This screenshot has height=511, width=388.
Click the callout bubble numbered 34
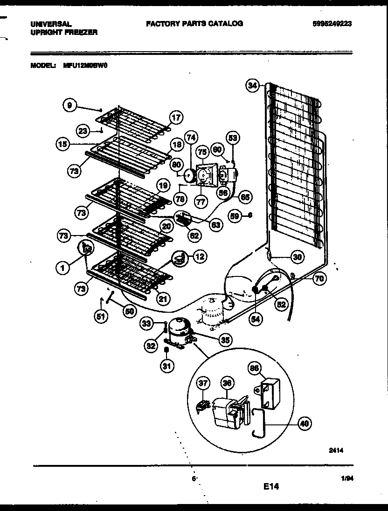pos(252,86)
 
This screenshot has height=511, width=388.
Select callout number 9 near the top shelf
pos(69,106)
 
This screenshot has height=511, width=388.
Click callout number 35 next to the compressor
pos(225,340)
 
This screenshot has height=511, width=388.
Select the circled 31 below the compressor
pos(166,366)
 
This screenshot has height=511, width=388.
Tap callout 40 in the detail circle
pos(304,424)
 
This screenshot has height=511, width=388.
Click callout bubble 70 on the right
pos(319,279)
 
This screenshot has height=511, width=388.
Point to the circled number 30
pos(297,256)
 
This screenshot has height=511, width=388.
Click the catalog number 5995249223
pos(333,24)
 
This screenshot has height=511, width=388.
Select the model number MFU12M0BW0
pos(85,66)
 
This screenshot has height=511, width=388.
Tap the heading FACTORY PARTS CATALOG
pos(194,23)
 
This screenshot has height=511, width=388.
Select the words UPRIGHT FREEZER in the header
pos(64,32)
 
